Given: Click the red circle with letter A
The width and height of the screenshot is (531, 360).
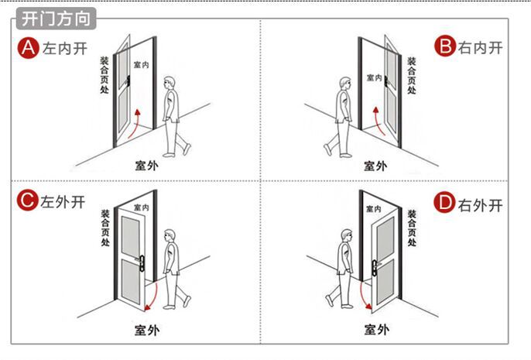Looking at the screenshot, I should tap(28, 48).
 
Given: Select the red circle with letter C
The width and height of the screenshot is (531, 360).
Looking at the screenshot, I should tap(28, 202).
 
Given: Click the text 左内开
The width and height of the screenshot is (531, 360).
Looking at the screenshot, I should tap(63, 49).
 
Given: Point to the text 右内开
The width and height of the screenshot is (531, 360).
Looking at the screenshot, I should tap(481, 48).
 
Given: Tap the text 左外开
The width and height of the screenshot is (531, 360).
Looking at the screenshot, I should tap(63, 203).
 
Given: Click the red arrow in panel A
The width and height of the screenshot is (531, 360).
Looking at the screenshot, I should tap(135, 124).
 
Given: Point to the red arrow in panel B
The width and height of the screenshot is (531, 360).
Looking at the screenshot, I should tap(375, 123).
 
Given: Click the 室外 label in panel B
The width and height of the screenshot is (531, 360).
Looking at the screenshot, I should tap(375, 165).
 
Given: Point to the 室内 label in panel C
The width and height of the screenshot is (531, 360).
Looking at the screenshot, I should tap(141, 208).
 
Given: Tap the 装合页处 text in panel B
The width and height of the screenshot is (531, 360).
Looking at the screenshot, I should tap(412, 75).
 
